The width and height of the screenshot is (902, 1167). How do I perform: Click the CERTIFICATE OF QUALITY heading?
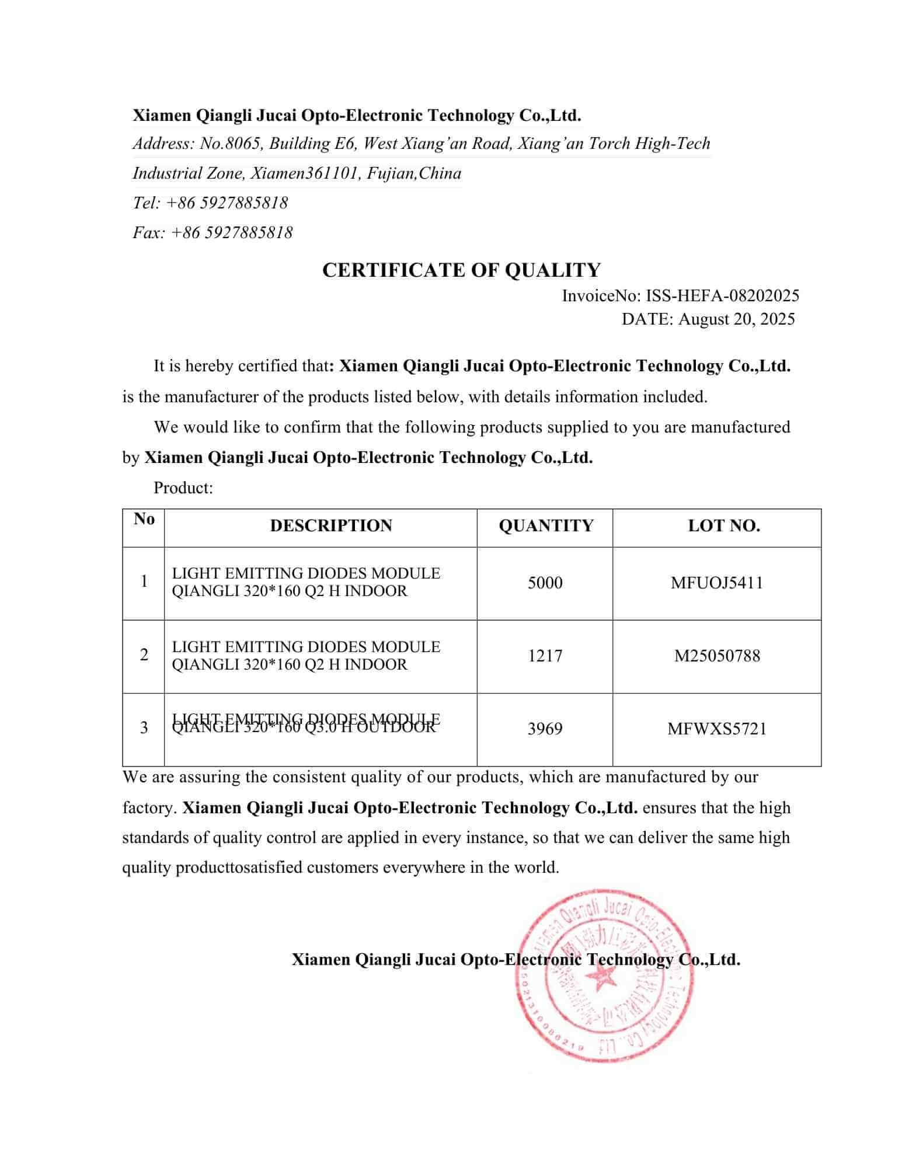pyautogui.click(x=461, y=270)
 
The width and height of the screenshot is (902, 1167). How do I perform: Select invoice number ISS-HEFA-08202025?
pyautogui.click(x=722, y=295)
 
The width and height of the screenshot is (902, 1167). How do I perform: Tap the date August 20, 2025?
pyautogui.click(x=736, y=319)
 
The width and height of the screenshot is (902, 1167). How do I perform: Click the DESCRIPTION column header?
pyautogui.click(x=331, y=525)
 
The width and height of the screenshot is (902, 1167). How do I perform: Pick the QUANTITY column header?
pyautogui.click(x=545, y=525)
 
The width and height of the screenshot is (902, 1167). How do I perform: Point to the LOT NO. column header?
pyautogui.click(x=724, y=525)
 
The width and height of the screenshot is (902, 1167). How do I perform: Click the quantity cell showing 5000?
pyautogui.click(x=545, y=583)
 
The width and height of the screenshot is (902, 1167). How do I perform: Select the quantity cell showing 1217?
pyautogui.click(x=545, y=656)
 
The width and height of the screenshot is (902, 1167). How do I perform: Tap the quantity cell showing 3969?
pyautogui.click(x=545, y=729)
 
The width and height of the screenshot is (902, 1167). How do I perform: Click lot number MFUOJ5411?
pyautogui.click(x=717, y=583)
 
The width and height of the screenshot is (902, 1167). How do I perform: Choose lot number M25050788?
pyautogui.click(x=717, y=656)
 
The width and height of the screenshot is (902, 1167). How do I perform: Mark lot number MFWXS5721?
pyautogui.click(x=717, y=729)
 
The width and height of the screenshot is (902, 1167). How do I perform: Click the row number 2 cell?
pyautogui.click(x=144, y=655)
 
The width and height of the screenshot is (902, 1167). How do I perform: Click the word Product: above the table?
pyautogui.click(x=183, y=487)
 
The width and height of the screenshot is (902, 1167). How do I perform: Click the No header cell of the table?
pyautogui.click(x=144, y=519)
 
